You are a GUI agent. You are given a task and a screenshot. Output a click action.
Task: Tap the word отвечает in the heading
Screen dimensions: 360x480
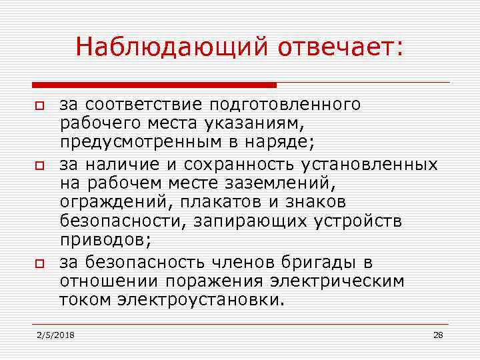tap(337, 47)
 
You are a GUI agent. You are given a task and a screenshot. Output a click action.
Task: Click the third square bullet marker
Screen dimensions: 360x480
tap(39, 265)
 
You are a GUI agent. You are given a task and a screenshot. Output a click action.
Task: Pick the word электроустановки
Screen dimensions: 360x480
tap(199, 300)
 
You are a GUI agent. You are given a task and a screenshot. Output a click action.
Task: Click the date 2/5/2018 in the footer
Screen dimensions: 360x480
tap(56, 334)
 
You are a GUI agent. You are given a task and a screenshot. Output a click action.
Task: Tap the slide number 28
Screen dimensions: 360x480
tap(438, 334)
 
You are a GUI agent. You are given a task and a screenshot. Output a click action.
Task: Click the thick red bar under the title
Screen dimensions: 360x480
tap(154, 85)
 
